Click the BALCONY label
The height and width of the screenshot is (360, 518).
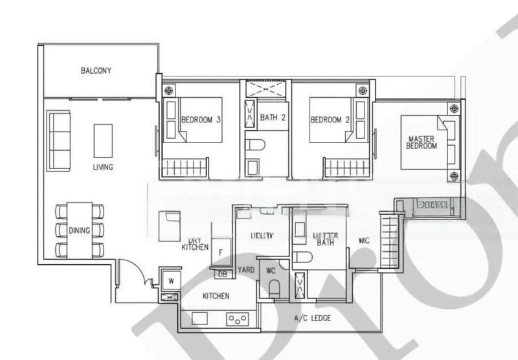[x=96, y=71]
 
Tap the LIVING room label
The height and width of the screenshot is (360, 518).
[x=103, y=167]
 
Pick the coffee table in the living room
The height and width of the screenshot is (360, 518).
[x=103, y=141]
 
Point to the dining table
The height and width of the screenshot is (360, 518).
[x=81, y=230]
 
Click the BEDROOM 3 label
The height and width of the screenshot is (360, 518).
[x=201, y=120]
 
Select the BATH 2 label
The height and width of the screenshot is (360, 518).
[x=273, y=118]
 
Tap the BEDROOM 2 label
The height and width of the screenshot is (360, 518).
[x=330, y=120]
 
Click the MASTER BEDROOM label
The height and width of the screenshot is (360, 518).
[x=422, y=142]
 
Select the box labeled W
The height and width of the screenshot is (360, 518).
[x=170, y=280]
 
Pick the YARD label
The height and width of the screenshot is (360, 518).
[x=245, y=270]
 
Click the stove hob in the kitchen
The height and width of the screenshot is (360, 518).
[x=237, y=319]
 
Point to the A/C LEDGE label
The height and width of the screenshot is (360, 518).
[x=308, y=317]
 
